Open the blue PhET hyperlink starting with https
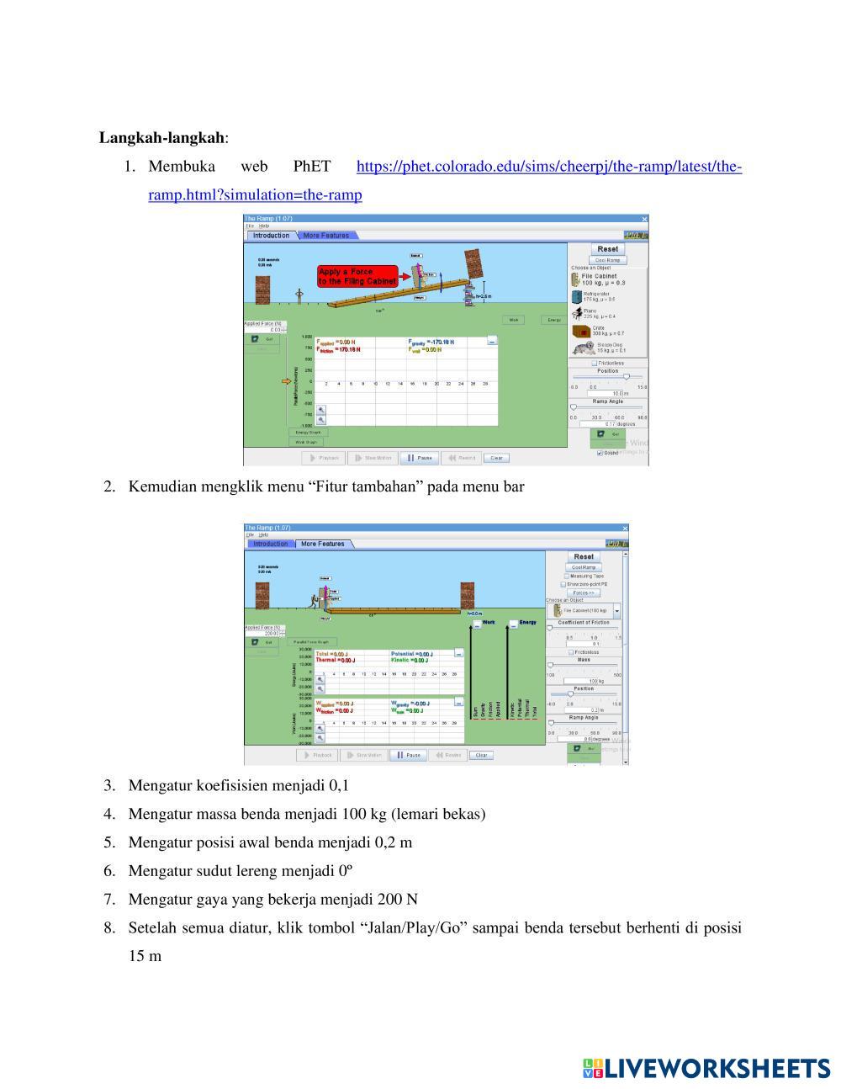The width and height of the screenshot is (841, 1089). tap(548, 167)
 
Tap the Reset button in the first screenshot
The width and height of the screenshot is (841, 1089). tap(607, 249)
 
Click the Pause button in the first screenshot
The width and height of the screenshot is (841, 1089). tap(419, 458)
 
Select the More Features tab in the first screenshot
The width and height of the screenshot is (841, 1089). tap(325, 236)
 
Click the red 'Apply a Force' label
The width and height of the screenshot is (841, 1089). tap(357, 277)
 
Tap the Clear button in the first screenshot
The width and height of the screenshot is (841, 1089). tap(496, 458)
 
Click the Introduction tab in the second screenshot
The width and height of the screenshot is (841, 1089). tap(270, 544)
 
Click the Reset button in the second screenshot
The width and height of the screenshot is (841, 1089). tap(584, 556)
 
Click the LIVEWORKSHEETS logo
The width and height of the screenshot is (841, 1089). tap(706, 1068)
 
